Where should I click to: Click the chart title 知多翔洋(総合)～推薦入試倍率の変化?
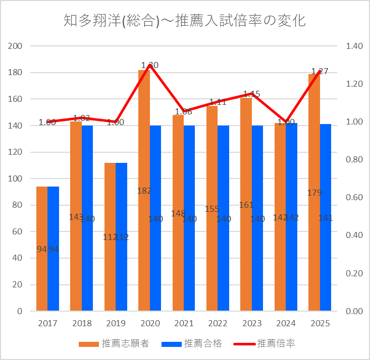point(185,21)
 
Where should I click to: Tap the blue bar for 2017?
point(54,262)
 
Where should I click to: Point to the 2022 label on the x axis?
point(218,323)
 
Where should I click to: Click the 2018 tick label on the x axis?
point(82,323)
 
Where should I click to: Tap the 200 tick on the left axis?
point(17,46)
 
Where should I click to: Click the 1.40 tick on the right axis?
point(354,46)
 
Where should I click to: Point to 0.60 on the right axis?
point(354,197)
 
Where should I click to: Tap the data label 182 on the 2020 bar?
point(144,191)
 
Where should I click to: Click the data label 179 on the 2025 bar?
point(314,193)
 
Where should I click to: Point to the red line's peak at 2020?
point(150,65)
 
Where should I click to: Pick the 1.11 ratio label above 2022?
point(218,102)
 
